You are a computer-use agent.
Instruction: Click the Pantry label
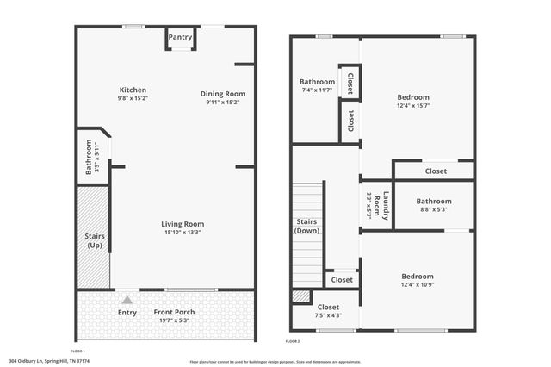(180, 37)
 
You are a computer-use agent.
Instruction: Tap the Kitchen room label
(133, 90)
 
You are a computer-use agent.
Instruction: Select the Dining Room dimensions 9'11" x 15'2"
(222, 103)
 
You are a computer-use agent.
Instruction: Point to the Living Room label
(183, 224)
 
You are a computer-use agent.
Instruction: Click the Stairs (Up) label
(94, 240)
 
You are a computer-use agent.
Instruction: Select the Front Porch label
(174, 311)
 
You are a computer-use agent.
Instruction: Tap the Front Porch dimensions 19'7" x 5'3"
(174, 320)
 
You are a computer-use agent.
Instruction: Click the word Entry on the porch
(127, 312)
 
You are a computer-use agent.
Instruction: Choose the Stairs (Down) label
(306, 226)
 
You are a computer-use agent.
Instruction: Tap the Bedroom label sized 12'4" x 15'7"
(412, 97)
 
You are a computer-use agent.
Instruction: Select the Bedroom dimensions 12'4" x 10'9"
(417, 284)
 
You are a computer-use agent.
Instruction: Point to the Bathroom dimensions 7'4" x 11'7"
(317, 90)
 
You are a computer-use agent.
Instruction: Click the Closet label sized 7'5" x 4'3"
(328, 307)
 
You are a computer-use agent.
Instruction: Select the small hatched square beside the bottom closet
(300, 296)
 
